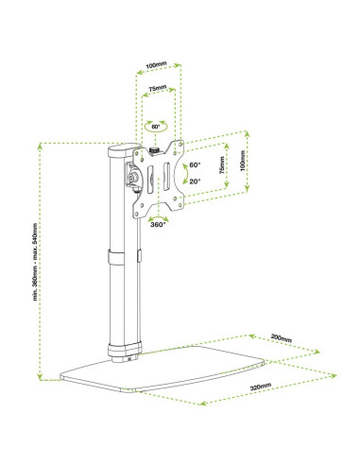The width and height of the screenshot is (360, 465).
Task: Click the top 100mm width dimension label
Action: tap(156, 65)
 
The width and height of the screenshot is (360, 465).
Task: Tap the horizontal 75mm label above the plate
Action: tap(158, 88)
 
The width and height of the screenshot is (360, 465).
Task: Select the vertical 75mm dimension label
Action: tap(222, 165)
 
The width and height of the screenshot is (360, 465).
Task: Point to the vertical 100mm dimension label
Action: tap(242, 161)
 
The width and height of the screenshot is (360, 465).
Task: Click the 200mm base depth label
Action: tap(282, 338)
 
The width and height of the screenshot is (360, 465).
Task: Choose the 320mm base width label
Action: tap(261, 387)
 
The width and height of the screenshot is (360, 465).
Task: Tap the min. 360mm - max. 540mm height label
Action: tap(35, 262)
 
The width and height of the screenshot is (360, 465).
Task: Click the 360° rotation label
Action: tap(158, 225)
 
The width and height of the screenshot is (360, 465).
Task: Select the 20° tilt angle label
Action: tap(195, 181)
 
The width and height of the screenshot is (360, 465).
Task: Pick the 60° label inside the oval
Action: tap(156, 127)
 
